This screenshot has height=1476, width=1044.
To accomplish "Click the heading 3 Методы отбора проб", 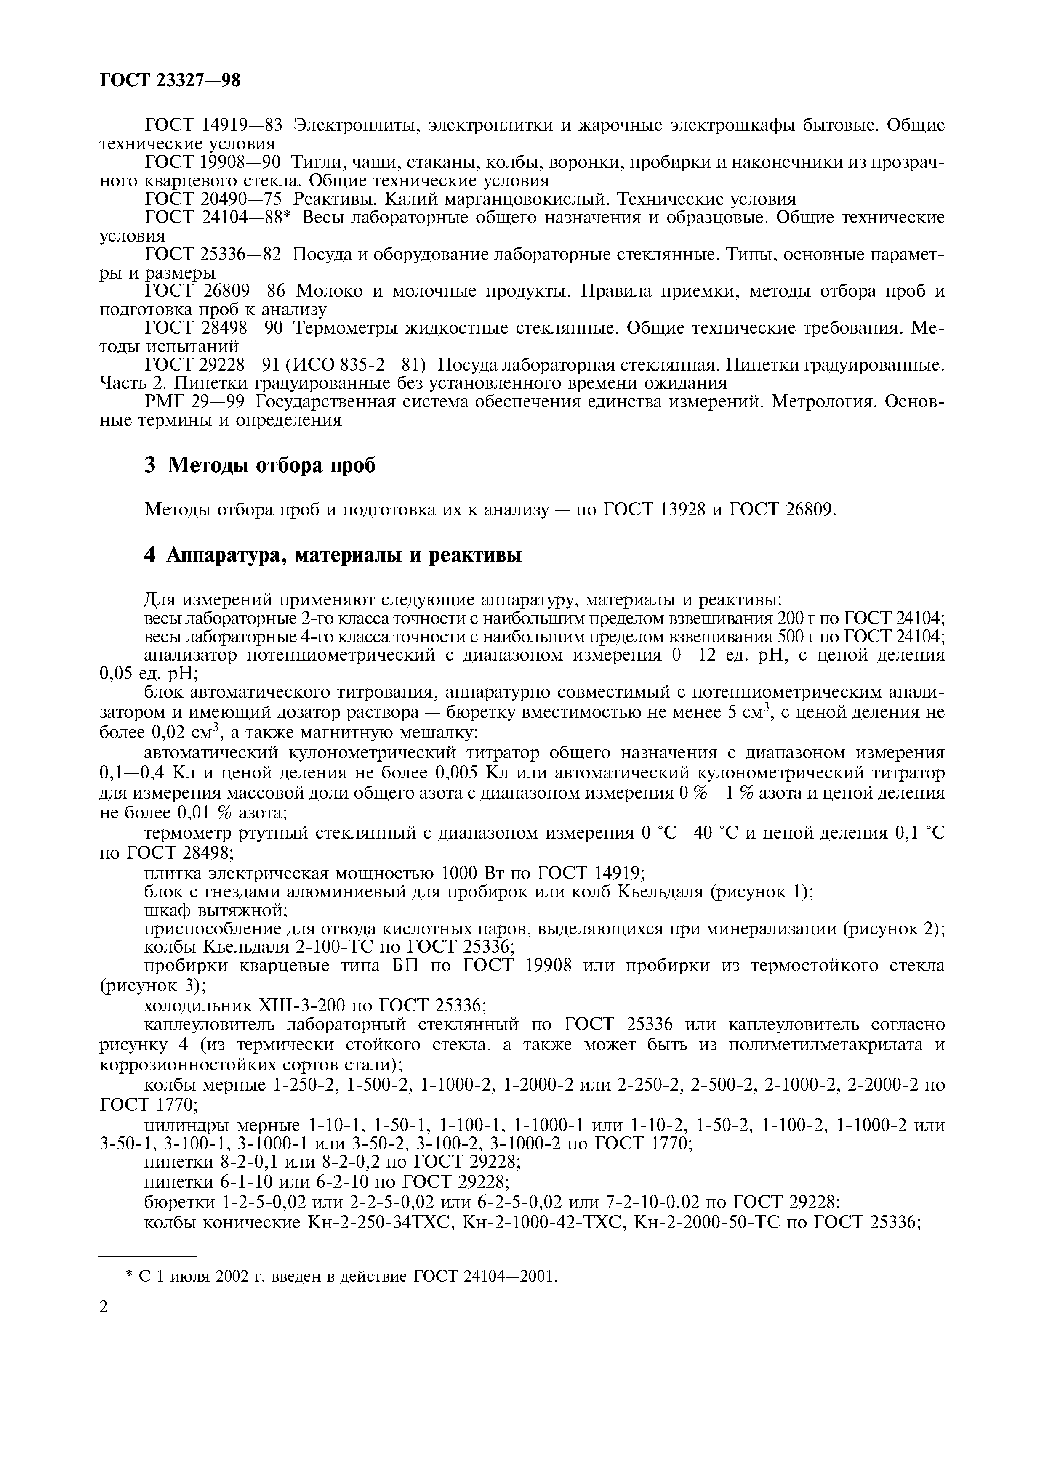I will (259, 465).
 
